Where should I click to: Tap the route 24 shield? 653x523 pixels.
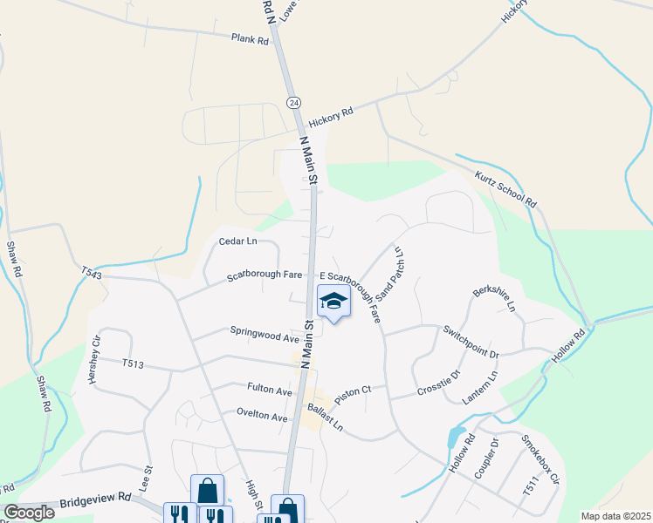click(x=293, y=103)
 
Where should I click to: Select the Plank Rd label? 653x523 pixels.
click(x=250, y=39)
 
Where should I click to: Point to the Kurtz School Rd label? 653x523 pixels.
click(x=505, y=188)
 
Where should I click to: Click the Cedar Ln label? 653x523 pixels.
click(x=238, y=241)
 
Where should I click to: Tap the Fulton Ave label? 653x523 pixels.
click(x=271, y=392)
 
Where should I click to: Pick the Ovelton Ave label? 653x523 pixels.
click(x=262, y=418)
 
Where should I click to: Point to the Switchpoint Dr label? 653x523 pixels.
click(x=470, y=343)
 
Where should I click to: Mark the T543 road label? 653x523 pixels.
click(x=91, y=274)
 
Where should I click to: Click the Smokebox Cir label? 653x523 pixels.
click(x=540, y=467)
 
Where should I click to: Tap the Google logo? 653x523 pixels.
click(x=28, y=513)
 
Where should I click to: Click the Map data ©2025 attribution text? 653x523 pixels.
click(x=615, y=516)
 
